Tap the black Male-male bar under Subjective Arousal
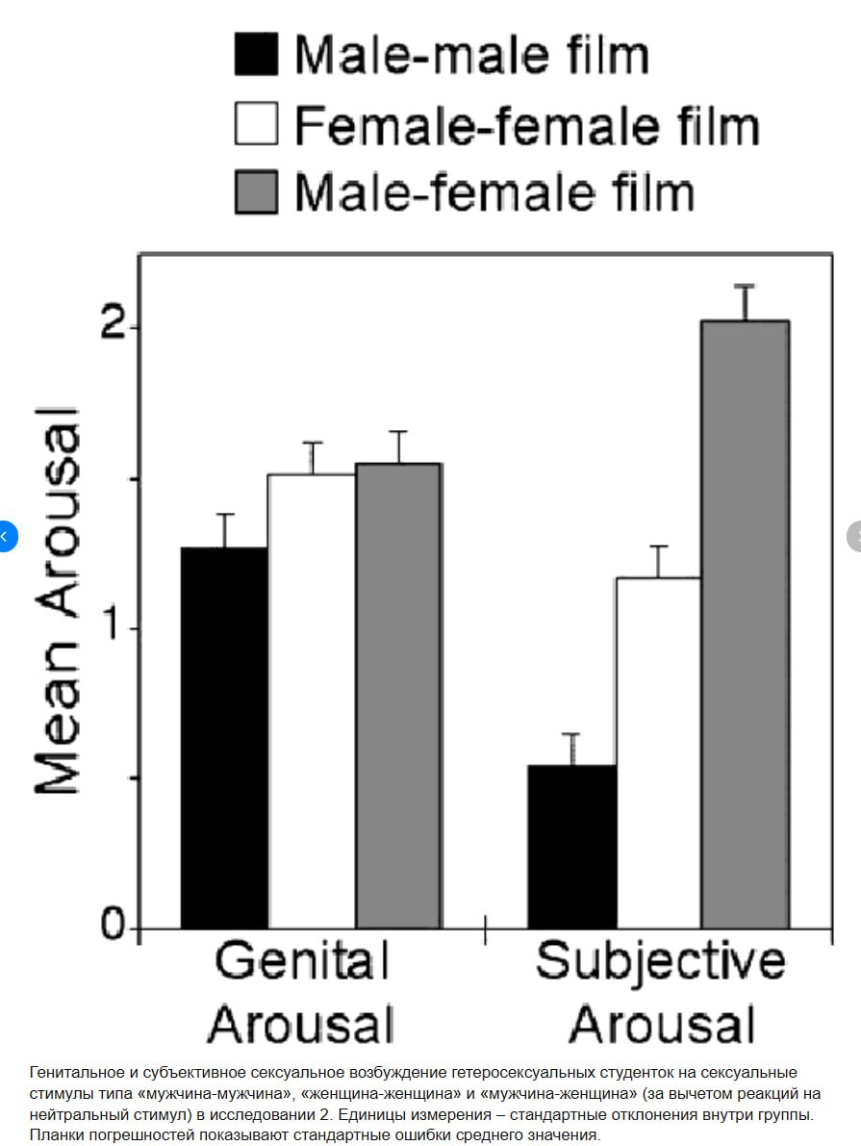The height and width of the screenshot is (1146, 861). (572, 846)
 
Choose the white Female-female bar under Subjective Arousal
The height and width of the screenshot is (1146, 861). (659, 751)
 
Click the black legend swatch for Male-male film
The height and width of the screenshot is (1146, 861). (256, 54)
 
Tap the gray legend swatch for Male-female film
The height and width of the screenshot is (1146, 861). (256, 191)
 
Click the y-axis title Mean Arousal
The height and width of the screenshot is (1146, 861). (58, 602)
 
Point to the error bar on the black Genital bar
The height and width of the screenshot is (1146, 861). (224, 530)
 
